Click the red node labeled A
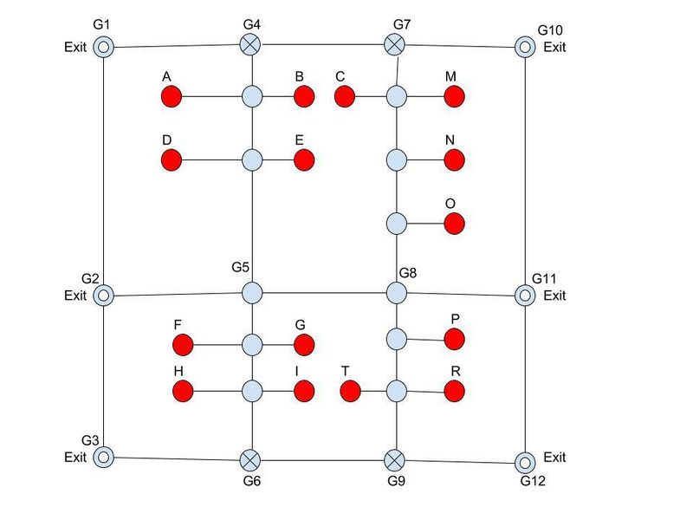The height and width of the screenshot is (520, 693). tap(171, 96)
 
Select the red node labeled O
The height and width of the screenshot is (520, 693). tap(455, 224)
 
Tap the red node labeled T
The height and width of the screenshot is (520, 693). tap(350, 392)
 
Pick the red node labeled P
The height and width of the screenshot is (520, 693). tap(455, 339)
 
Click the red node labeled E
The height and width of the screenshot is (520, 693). tap(303, 160)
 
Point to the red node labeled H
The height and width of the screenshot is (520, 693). tap(182, 392)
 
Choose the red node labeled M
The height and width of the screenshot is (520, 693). tap(455, 96)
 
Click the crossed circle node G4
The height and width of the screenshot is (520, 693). tap(251, 43)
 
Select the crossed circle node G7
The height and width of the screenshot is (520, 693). tap(396, 43)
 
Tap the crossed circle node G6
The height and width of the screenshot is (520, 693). tap(250, 458)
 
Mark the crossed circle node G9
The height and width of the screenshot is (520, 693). tap(395, 458)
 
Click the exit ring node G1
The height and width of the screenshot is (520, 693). tap(103, 47)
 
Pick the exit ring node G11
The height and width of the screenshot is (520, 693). tap(525, 296)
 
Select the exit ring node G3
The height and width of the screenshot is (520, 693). tap(103, 456)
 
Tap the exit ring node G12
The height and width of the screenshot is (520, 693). tap(525, 461)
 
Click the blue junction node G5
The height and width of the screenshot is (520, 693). tap(252, 293)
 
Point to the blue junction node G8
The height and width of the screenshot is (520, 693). tap(396, 293)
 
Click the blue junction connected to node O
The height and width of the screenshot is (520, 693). tap(396, 224)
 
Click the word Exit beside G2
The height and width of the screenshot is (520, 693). tap(75, 296)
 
